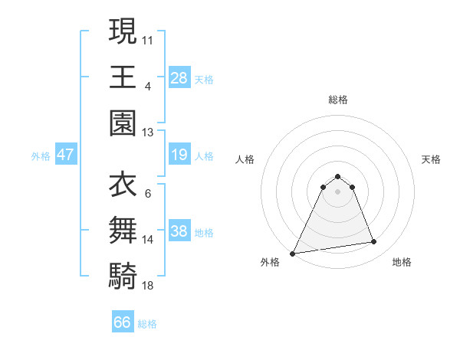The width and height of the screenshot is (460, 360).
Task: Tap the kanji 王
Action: pyautogui.click(x=123, y=77)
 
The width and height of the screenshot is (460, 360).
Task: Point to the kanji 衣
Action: pyautogui.click(x=123, y=185)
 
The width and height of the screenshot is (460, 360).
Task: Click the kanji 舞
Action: pyautogui.click(x=123, y=231)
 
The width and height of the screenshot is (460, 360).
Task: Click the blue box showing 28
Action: pyautogui.click(x=179, y=78)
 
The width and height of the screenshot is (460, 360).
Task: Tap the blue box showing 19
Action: pyautogui.click(x=179, y=155)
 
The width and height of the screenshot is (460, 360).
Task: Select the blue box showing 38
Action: pyautogui.click(x=179, y=232)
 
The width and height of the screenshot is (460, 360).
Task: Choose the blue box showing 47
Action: pyautogui.click(x=66, y=155)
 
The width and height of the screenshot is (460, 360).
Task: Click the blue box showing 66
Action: pyautogui.click(x=123, y=322)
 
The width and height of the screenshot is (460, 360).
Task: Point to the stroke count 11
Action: pyautogui.click(x=149, y=39)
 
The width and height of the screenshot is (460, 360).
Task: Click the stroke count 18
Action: pyautogui.click(x=149, y=285)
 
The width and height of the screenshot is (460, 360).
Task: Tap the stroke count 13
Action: pyautogui.click(x=149, y=132)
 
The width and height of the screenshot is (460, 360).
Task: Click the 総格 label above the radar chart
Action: pyautogui.click(x=337, y=100)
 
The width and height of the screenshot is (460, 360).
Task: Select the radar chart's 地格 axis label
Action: pyautogui.click(x=402, y=262)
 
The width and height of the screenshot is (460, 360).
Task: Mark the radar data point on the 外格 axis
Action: pyautogui.click(x=293, y=253)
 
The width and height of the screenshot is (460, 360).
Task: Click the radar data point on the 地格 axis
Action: pyautogui.click(x=374, y=242)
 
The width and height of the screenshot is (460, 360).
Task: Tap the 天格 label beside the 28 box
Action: pyautogui.click(x=204, y=79)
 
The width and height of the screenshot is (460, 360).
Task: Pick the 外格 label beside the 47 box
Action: pyautogui.click(x=41, y=156)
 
